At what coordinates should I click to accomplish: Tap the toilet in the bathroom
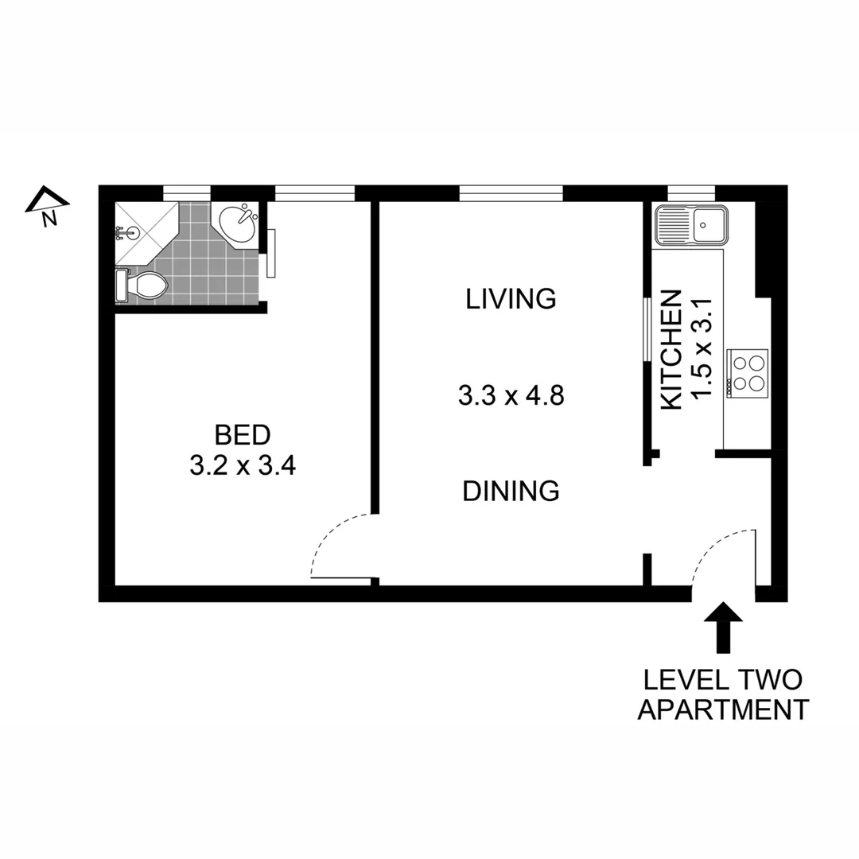point(143,286)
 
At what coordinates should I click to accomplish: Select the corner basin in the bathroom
point(236,223)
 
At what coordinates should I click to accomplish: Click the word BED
point(243,435)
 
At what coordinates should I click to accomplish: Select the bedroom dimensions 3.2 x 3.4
point(243,465)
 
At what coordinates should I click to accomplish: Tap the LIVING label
point(511,299)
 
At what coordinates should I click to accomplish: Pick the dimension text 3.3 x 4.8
point(511,395)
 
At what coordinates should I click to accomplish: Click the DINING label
point(511,491)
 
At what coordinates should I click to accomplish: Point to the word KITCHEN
point(672,350)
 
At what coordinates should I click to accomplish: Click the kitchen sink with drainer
point(689,224)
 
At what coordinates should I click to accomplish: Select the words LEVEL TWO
point(722,680)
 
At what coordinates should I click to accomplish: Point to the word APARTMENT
point(722,709)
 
